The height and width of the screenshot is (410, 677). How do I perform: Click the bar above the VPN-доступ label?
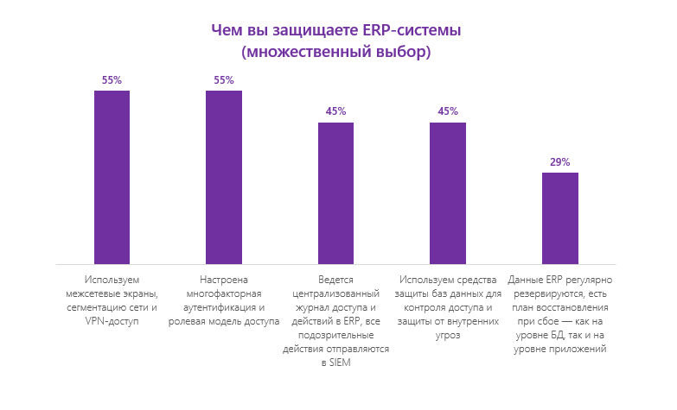[x=112, y=177]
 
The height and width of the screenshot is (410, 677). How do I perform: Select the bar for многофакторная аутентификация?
[x=223, y=177]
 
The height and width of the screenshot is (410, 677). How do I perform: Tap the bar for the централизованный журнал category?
[x=335, y=193]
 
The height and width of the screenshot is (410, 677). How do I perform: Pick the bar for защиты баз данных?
[x=447, y=193]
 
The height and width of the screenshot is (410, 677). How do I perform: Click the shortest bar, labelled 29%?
[x=559, y=218]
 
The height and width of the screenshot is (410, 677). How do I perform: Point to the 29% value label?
[x=559, y=161]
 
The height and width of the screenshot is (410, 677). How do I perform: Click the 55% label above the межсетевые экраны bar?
[x=112, y=80]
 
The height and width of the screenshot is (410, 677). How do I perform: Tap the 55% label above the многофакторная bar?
[x=223, y=80]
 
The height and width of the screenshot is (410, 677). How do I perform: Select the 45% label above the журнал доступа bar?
[x=335, y=111]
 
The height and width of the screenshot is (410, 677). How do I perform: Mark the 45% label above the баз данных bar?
[x=447, y=111]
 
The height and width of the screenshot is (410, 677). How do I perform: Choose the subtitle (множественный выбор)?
[x=336, y=52]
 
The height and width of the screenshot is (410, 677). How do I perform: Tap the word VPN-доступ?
[x=112, y=321]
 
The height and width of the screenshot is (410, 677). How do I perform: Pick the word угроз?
[x=447, y=335]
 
